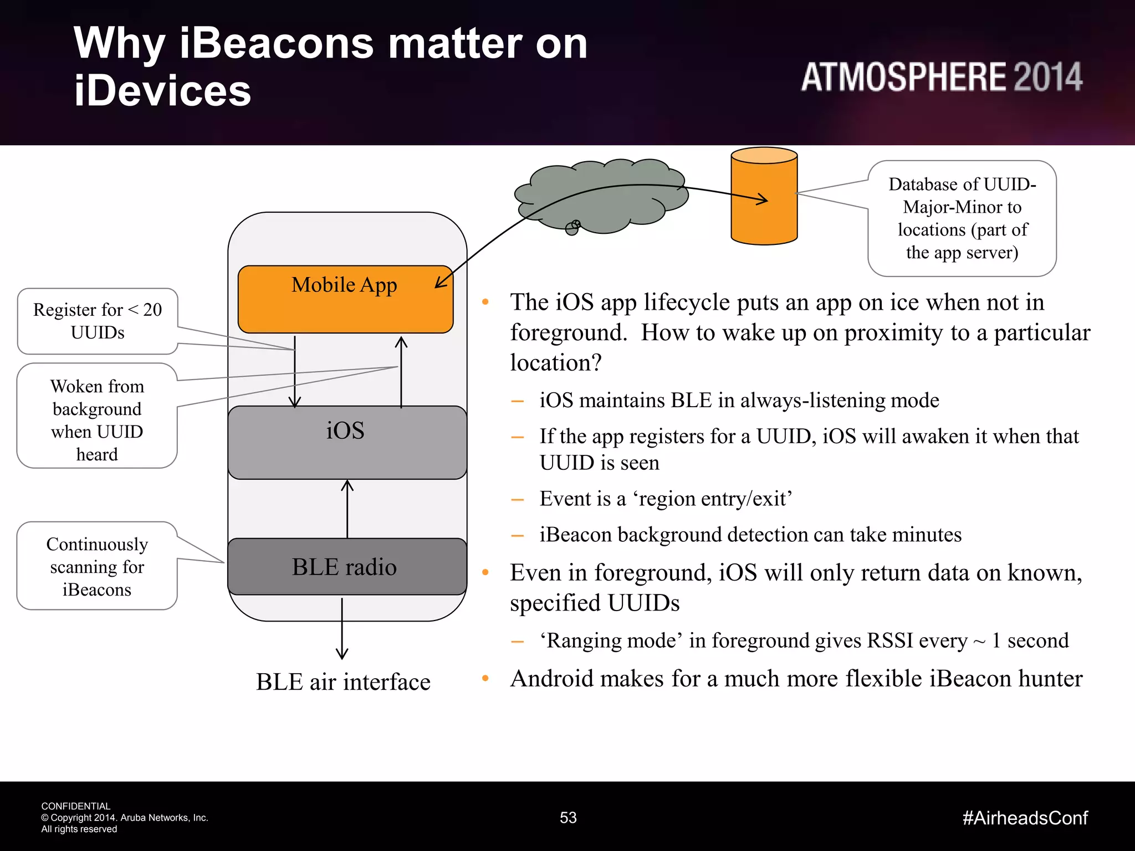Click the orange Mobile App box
click(x=345, y=300)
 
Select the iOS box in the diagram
click(x=347, y=442)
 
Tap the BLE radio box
click(x=347, y=566)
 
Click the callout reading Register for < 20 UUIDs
click(x=98, y=321)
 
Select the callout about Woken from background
click(x=97, y=419)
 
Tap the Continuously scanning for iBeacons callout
click(x=97, y=566)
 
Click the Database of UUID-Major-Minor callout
click(x=962, y=218)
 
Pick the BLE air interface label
click(x=343, y=681)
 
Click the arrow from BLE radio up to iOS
click(x=347, y=509)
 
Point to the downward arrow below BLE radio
click(x=342, y=629)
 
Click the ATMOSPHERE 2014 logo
click(x=941, y=77)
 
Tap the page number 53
click(x=568, y=818)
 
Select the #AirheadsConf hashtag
click(x=1025, y=818)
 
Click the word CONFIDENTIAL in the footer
click(x=76, y=806)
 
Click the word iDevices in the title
click(x=162, y=90)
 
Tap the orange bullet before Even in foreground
click(x=485, y=572)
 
